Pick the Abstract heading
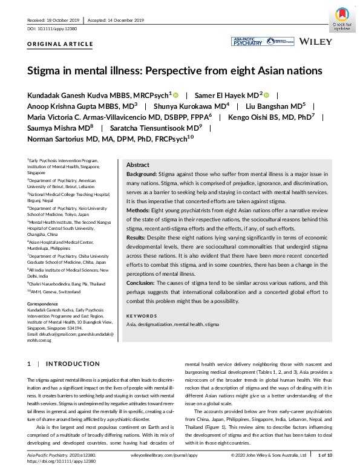click(138, 165)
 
